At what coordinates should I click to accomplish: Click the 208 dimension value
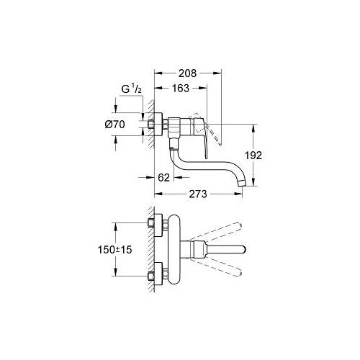click(x=187, y=73)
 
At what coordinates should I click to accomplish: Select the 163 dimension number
click(x=181, y=89)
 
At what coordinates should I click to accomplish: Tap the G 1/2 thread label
click(x=131, y=89)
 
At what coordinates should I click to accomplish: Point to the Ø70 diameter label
click(x=115, y=125)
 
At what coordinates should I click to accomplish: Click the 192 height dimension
click(x=253, y=156)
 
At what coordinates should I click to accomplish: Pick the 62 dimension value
click(x=164, y=178)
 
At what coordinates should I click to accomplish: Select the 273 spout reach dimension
click(x=198, y=194)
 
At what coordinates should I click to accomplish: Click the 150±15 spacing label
click(x=115, y=250)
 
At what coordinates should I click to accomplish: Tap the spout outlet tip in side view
click(x=243, y=184)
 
